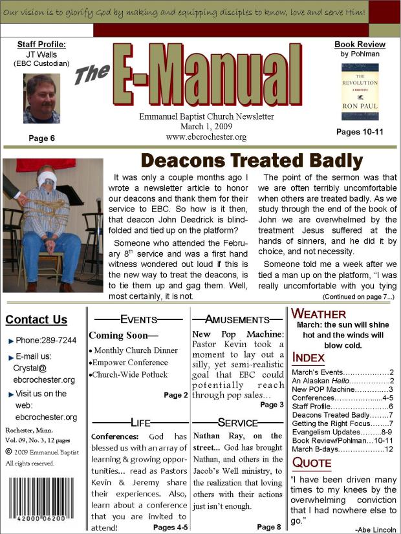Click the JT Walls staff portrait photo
42,98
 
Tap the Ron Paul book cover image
360,91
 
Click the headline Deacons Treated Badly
252,160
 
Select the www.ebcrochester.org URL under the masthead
206,137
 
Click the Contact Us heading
36,319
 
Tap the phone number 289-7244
54,340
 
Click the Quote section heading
313,462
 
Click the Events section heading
138,319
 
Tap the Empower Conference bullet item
130,362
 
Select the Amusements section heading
237,319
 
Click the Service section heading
237,422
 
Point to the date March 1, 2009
206,127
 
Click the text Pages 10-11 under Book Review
360,132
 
